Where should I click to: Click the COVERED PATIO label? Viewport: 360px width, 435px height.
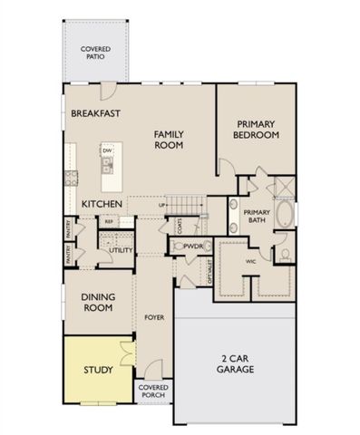[95, 52]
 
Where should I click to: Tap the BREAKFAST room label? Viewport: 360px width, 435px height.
[96, 113]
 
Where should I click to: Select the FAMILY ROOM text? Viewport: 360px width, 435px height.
[169, 139]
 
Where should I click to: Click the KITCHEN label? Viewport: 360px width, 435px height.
[102, 204]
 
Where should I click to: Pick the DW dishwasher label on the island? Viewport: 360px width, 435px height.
[107, 150]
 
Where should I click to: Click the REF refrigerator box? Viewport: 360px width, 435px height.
[109, 221]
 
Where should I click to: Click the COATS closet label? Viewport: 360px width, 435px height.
[180, 223]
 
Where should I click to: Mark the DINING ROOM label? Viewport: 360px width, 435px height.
[97, 302]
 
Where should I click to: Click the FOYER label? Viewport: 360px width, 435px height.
[153, 318]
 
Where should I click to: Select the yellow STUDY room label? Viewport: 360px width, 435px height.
[97, 370]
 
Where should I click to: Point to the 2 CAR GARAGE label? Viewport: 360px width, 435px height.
[235, 363]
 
